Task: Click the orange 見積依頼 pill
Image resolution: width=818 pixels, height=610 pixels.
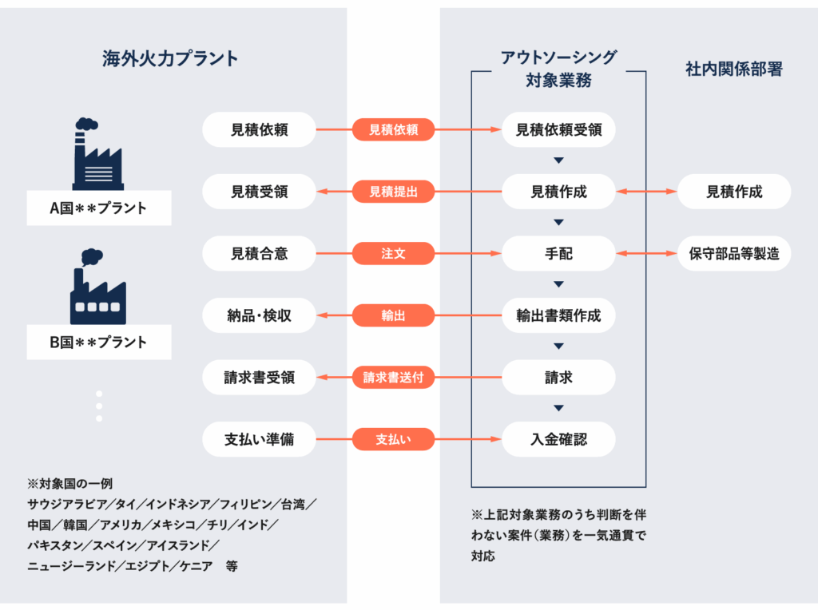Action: [393, 129]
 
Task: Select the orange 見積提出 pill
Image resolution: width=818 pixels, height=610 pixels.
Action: [393, 192]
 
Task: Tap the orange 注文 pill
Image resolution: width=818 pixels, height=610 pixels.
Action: [393, 253]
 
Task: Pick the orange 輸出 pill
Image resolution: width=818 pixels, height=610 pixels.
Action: [393, 315]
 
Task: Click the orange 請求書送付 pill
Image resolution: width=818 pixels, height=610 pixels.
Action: [393, 377]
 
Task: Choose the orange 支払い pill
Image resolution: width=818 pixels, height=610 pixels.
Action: [393, 439]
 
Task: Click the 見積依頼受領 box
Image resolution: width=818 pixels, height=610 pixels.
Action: [558, 129]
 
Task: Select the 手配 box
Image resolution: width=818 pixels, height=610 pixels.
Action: [558, 253]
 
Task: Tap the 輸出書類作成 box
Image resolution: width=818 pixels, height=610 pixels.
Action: [558, 315]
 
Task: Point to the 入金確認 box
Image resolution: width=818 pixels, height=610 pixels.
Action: [558, 439]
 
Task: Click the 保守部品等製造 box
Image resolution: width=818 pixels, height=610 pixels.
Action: [734, 253]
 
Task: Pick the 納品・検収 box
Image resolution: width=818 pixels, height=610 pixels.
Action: [260, 315]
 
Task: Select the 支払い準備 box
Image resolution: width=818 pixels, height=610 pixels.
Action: [260, 439]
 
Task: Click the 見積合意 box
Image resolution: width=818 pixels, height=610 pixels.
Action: [260, 253]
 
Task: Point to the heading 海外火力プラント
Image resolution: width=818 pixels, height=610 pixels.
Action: [170, 58]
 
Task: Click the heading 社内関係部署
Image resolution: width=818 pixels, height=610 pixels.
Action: [734, 69]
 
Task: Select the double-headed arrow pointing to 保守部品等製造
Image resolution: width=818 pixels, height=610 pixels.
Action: [646, 253]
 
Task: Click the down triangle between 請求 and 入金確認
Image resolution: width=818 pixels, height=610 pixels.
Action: [558, 408]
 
